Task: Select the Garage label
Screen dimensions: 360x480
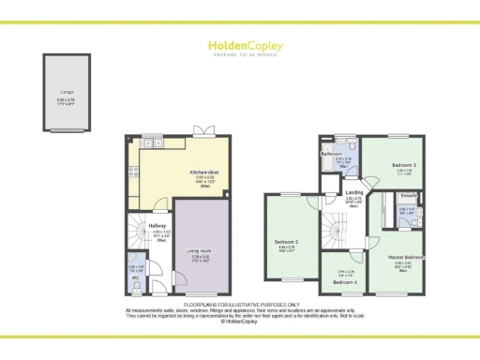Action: pyautogui.click(x=68, y=90)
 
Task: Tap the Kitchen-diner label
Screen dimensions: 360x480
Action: pyautogui.click(x=204, y=172)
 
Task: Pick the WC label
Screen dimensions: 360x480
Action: pyautogui.click(x=136, y=277)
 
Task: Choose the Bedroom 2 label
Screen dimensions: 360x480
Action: pyautogui.click(x=285, y=242)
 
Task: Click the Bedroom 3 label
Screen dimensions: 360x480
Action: pyautogui.click(x=404, y=165)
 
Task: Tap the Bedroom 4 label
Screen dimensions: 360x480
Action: pyautogui.click(x=344, y=282)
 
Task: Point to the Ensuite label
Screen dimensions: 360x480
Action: pyautogui.click(x=409, y=196)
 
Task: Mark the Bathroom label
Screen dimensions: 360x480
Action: pyautogui.click(x=330, y=154)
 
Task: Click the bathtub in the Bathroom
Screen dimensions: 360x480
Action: pyautogui.click(x=331, y=167)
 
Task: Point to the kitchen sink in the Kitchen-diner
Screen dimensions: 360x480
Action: pyautogui.click(x=148, y=142)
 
